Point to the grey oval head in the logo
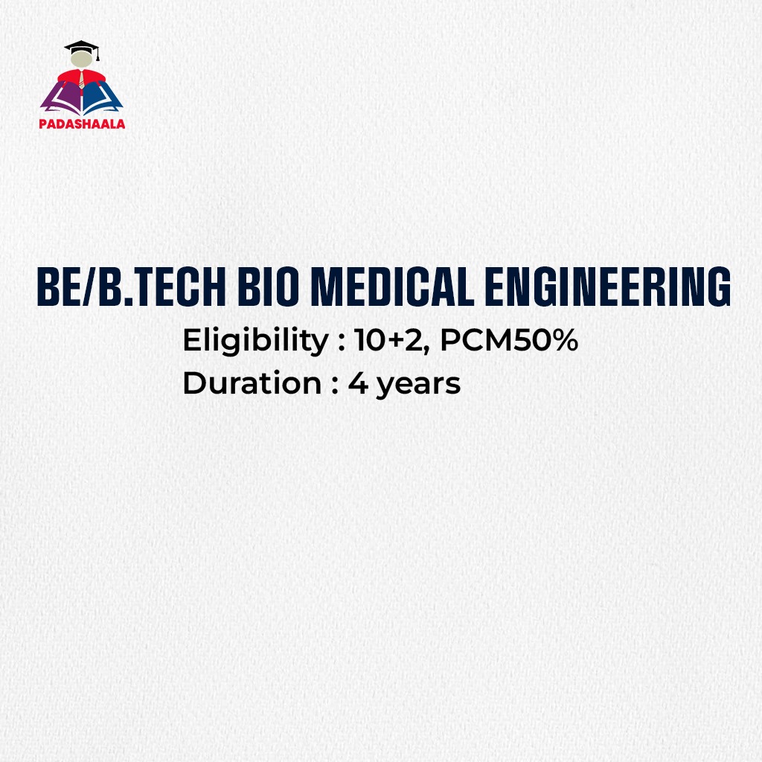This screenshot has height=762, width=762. (81, 64)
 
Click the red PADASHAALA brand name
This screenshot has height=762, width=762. (82, 124)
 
